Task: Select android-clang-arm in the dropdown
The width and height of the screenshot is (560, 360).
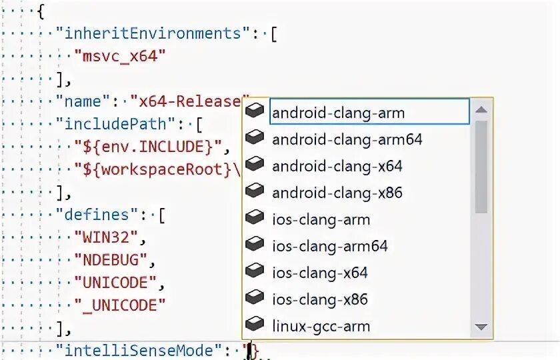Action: [x=338, y=112]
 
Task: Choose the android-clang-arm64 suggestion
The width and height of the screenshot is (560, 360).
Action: [x=347, y=139]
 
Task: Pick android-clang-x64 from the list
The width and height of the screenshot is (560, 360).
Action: [x=337, y=165]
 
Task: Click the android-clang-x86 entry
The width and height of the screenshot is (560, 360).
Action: [x=337, y=193]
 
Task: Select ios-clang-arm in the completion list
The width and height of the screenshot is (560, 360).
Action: [x=321, y=219]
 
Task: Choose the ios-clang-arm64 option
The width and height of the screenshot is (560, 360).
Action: [x=329, y=246]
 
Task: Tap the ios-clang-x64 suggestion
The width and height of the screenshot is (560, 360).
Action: [x=320, y=273]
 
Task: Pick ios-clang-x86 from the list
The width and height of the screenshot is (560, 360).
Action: [x=320, y=299]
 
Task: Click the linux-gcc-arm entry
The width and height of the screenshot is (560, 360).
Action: [x=321, y=326]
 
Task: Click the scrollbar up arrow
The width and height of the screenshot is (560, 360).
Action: [x=481, y=109]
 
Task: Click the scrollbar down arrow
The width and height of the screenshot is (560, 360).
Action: [x=481, y=327]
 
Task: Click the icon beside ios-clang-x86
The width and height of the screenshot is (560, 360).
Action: [x=255, y=298]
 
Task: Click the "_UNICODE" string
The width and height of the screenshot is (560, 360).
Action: [x=120, y=305]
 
